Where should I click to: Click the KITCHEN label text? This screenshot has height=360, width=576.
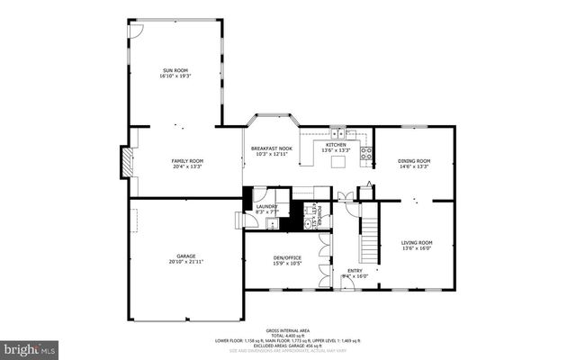tap(336, 144)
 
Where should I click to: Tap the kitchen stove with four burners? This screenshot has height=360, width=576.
tap(366, 154)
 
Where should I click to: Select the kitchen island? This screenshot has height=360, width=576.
tap(338, 163)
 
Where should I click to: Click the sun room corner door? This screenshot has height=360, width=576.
tap(135, 29)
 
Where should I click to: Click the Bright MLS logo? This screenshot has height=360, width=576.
tap(29, 346)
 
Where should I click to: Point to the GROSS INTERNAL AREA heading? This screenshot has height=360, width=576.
tap(287, 330)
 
